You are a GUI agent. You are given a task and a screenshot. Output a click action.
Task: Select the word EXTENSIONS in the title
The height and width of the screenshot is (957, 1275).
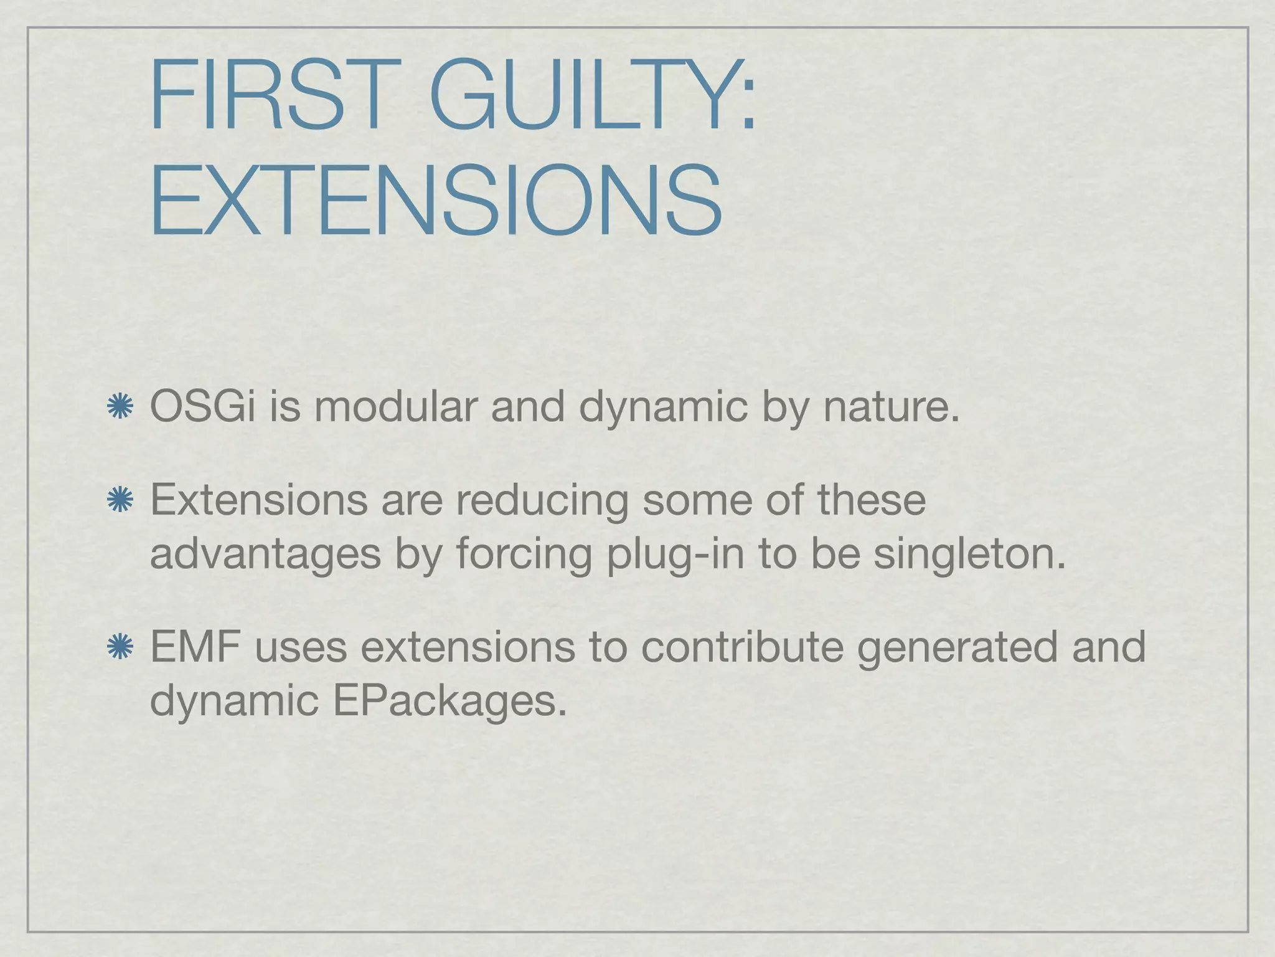(436, 201)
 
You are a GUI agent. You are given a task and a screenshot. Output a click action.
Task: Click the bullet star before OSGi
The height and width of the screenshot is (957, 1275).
(120, 407)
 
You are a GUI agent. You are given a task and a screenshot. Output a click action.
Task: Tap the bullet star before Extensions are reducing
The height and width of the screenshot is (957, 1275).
(120, 500)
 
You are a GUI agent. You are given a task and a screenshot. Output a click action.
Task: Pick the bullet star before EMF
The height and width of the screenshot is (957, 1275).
(120, 647)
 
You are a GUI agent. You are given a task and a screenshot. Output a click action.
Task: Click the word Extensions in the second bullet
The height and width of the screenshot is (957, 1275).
(258, 500)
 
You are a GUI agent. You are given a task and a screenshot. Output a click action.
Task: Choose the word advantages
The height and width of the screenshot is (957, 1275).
(265, 555)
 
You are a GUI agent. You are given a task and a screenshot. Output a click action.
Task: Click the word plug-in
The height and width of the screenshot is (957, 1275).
(675, 555)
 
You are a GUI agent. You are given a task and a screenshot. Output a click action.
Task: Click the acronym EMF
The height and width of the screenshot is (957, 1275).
(195, 647)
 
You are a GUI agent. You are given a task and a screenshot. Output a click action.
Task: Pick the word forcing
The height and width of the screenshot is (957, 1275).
(524, 555)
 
